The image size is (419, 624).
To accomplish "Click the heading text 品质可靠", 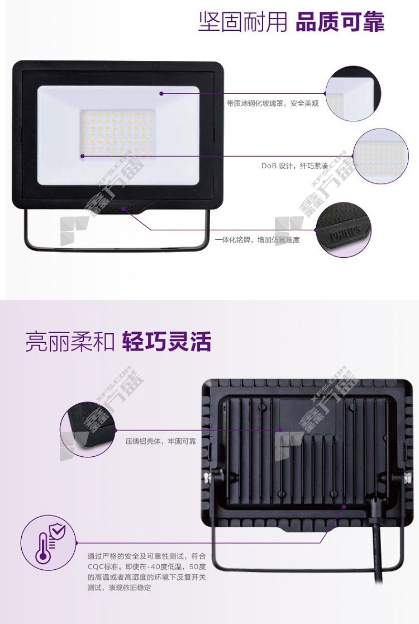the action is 340,22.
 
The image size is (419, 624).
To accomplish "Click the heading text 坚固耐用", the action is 242,22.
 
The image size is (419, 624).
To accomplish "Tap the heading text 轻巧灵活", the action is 166,342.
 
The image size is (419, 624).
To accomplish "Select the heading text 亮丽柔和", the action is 70,342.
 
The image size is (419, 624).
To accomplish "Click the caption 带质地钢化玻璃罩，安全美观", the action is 273,103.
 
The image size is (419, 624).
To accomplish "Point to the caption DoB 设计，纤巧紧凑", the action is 294,166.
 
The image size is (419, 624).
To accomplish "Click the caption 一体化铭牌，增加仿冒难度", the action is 257,239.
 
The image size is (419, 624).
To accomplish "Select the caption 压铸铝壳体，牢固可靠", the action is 160,441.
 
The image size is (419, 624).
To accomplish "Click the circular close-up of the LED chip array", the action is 380,157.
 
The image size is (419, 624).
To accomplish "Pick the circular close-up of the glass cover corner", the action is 353,93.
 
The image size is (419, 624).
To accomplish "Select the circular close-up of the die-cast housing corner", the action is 88,430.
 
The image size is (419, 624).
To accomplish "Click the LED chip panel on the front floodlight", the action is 118,133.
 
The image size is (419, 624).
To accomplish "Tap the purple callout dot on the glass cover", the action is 161,93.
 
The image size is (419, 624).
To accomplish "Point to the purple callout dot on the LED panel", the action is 82,156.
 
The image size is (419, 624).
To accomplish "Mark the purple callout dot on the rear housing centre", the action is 280,430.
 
